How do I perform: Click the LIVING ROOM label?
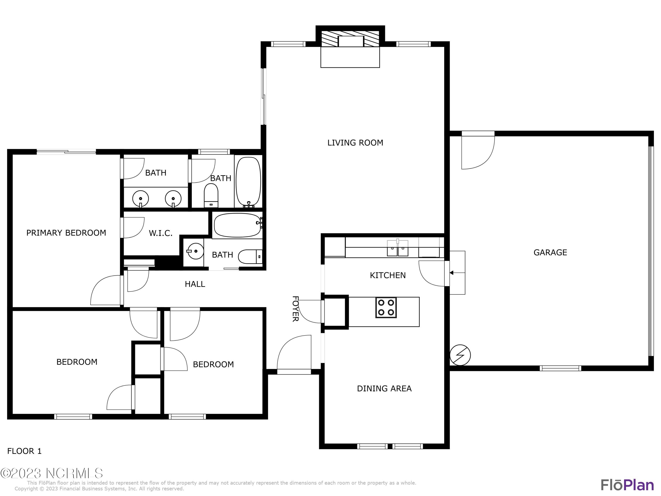click(355, 143)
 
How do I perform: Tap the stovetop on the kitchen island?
click(386, 307)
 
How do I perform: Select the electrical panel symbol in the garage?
click(460, 355)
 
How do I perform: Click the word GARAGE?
click(550, 253)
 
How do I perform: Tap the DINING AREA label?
click(384, 389)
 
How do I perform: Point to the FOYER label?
click(295, 309)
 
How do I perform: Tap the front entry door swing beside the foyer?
click(294, 354)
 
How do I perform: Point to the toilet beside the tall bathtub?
click(211, 195)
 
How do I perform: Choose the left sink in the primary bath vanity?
click(140, 199)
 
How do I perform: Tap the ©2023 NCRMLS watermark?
click(51, 473)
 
